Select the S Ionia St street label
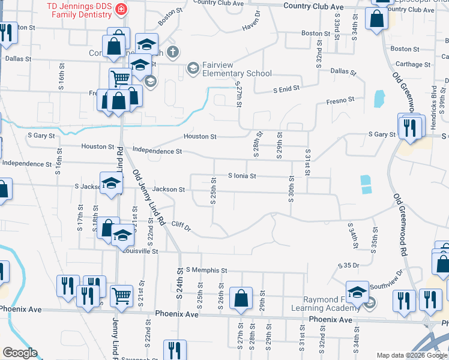click(x=242, y=176)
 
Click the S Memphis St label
click(x=206, y=271)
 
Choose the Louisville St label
click(x=139, y=252)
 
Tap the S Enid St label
click(x=286, y=89)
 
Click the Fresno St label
click(x=340, y=100)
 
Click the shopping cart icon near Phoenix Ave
click(x=121, y=295)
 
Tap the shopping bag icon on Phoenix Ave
click(x=241, y=298)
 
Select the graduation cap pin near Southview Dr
click(x=357, y=291)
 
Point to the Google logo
click(x=20, y=353)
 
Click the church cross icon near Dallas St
click(x=173, y=52)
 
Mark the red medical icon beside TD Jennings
click(x=122, y=10)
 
